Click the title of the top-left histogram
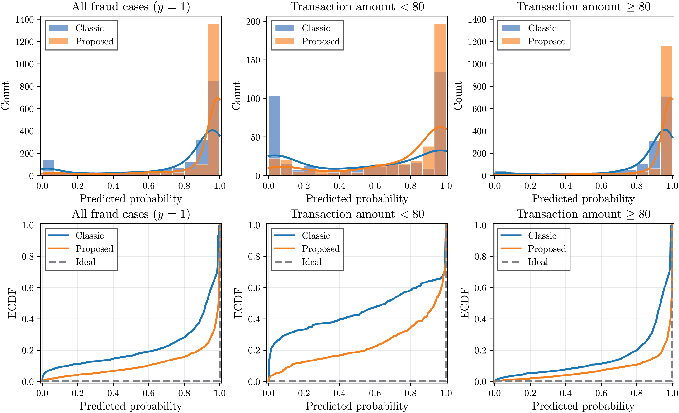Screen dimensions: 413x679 [131, 7]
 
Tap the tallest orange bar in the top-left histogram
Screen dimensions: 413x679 [214, 52]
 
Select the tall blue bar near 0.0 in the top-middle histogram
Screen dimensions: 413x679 [274, 127]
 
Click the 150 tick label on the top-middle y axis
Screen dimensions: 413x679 [253, 60]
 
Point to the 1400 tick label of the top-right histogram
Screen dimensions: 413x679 [477, 19]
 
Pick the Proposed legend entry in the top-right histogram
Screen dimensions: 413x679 [547, 41]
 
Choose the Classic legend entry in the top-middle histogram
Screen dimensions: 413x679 [316, 28]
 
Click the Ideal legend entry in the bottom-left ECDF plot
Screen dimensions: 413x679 [85, 262]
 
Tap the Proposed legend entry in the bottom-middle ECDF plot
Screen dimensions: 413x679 [320, 249]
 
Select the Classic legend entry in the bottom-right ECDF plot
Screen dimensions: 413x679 [542, 235]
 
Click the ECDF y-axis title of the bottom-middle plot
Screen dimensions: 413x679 [238, 303]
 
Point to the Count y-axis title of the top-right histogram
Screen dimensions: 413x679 [458, 96]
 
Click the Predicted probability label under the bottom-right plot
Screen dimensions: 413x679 [583, 406]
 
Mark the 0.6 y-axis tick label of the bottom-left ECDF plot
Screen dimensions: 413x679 [28, 288]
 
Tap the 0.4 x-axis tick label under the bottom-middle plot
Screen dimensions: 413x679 [340, 393]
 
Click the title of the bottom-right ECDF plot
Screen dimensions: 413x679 [583, 214]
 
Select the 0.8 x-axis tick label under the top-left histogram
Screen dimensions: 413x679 [184, 186]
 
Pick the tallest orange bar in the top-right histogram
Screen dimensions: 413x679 [666, 72]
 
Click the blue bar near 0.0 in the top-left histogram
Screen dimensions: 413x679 [48, 165]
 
